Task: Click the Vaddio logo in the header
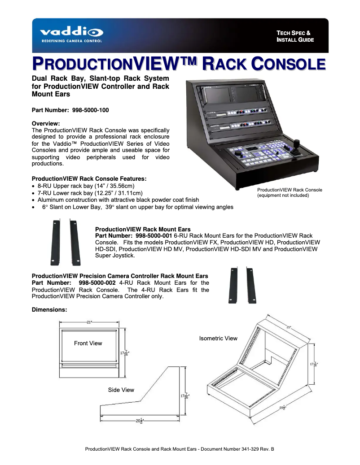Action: (x=71, y=34)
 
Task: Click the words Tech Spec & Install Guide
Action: (x=295, y=36)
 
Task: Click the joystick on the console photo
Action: (x=297, y=147)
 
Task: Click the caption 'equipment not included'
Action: (x=283, y=196)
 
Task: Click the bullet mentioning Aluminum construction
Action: (x=118, y=200)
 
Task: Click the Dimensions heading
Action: (x=49, y=309)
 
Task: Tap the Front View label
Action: (x=88, y=343)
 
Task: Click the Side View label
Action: (x=121, y=390)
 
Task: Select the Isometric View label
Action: (x=218, y=338)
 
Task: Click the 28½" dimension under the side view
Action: (x=140, y=420)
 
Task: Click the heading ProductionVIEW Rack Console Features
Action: (x=89, y=178)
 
